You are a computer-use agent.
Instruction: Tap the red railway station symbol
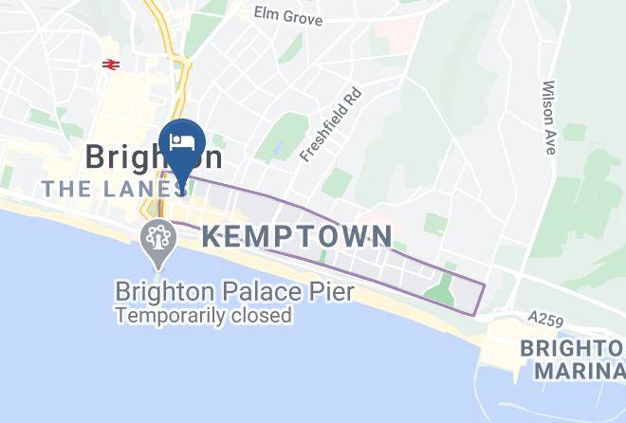point(110,64)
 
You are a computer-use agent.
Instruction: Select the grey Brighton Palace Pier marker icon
point(156,240)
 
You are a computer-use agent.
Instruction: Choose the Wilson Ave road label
point(549,101)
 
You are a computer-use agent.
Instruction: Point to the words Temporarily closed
point(203,316)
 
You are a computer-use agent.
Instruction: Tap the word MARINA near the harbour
point(568,370)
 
